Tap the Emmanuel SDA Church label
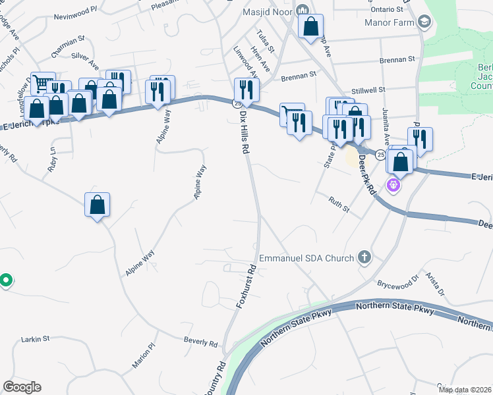click(x=306, y=258)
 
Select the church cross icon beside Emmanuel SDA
click(x=363, y=258)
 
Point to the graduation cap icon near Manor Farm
click(x=424, y=22)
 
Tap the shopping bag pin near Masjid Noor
click(x=311, y=28)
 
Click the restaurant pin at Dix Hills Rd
click(x=246, y=91)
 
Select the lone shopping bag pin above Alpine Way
click(x=98, y=204)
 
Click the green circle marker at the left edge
click(x=5, y=281)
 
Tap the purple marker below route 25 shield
click(x=393, y=185)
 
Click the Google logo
click(x=22, y=386)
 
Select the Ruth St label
click(x=339, y=205)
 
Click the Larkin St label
click(x=36, y=339)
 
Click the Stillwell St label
click(x=386, y=88)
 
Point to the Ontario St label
click(x=386, y=9)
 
